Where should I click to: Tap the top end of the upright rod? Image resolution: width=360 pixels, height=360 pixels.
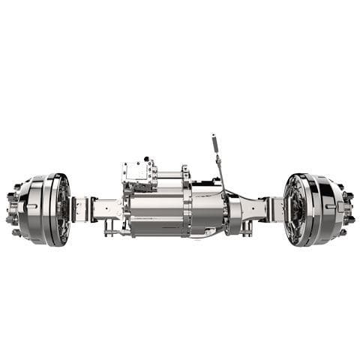[x=214, y=137]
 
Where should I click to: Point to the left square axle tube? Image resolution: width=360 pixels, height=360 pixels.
[x=105, y=208]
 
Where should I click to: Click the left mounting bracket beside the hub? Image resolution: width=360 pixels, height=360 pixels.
[x=81, y=208]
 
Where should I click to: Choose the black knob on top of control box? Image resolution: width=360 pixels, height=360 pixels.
[x=148, y=160]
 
